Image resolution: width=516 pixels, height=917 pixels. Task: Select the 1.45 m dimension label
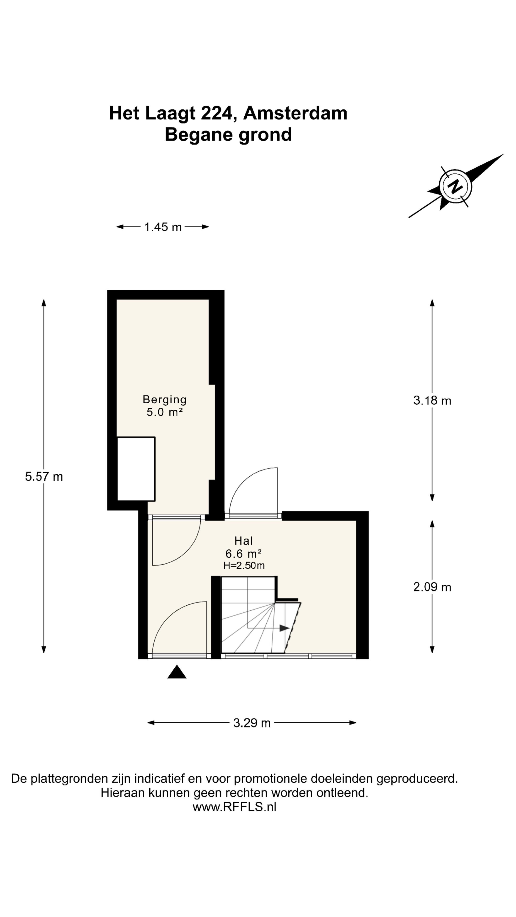pos(163,227)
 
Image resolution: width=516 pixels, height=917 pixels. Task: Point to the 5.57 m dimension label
pos(44,477)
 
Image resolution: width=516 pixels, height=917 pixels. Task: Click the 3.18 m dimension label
pos(432,400)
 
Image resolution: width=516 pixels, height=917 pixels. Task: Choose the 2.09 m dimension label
pos(432,587)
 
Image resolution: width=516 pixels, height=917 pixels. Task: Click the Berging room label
pos(165,400)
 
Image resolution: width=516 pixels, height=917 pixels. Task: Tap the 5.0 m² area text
pos(165,412)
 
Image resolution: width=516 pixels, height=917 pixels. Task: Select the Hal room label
pos(244,541)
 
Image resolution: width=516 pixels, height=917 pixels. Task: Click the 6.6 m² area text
pos(244,554)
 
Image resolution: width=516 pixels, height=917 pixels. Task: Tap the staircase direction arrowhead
pos(285,628)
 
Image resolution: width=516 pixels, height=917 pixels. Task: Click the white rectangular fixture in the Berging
pos(136,469)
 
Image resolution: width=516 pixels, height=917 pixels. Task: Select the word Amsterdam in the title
pos(295,113)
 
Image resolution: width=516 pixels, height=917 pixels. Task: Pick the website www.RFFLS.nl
pos(234,806)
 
